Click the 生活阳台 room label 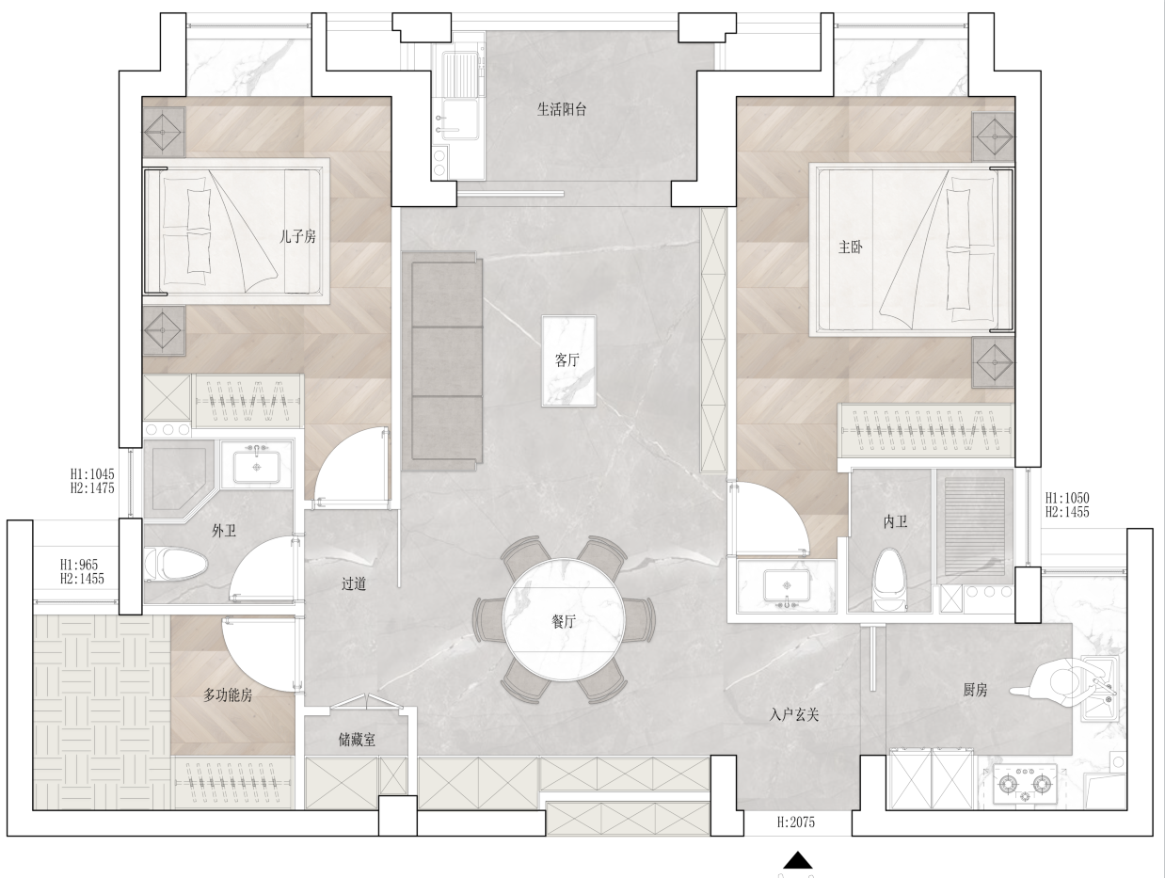pyautogui.click(x=562, y=110)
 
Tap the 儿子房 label pyautogui.click(x=297, y=236)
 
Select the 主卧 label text pyautogui.click(x=851, y=247)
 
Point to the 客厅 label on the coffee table pyautogui.click(x=567, y=360)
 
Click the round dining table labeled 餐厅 pyautogui.click(x=565, y=619)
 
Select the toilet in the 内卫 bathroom pyautogui.click(x=890, y=580)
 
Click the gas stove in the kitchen pyautogui.click(x=1026, y=784)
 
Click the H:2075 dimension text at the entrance pyautogui.click(x=795, y=822)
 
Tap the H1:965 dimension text pyautogui.click(x=78, y=565)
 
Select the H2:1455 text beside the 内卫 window pyautogui.click(x=1067, y=512)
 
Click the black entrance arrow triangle pyautogui.click(x=798, y=859)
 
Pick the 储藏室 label pyautogui.click(x=357, y=740)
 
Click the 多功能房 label pyautogui.click(x=228, y=695)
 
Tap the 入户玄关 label pyautogui.click(x=794, y=715)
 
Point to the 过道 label pyautogui.click(x=354, y=584)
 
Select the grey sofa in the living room pyautogui.click(x=442, y=361)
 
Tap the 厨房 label pyautogui.click(x=975, y=690)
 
